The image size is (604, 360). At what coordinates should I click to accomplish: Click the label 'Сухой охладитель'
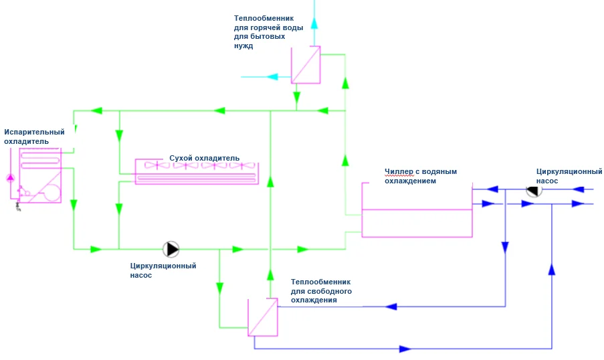pyautogui.click(x=204, y=158)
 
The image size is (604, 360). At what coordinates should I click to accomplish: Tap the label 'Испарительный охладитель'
pyautogui.click(x=34, y=137)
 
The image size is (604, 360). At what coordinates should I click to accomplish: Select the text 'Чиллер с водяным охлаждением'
pyautogui.click(x=420, y=176)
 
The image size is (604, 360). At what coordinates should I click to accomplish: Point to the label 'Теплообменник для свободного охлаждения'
pyautogui.click(x=320, y=291)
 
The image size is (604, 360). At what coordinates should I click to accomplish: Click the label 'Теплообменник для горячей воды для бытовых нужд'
pyautogui.click(x=268, y=32)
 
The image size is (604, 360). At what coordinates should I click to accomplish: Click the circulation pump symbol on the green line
pyautogui.click(x=171, y=249)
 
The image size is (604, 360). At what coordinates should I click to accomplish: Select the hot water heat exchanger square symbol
pyautogui.click(x=306, y=65)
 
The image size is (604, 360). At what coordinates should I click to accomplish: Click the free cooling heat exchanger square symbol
pyautogui.click(x=262, y=317)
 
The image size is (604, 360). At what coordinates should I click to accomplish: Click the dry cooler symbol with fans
pyautogui.click(x=196, y=171)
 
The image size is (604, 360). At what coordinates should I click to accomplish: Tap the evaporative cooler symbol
pyautogui.click(x=39, y=175)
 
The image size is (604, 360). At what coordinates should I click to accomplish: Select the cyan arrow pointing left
pyautogui.click(x=273, y=77)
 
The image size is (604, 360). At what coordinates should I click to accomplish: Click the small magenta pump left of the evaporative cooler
pyautogui.click(x=10, y=177)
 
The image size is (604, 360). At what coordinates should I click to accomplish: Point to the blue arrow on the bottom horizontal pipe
pyautogui.click(x=404, y=349)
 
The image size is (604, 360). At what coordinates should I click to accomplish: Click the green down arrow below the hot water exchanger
pyautogui.click(x=296, y=98)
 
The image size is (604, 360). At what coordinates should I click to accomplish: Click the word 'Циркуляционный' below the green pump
pyautogui.click(x=163, y=266)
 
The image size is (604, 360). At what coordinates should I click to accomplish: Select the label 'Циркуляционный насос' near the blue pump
pyautogui.click(x=569, y=176)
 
